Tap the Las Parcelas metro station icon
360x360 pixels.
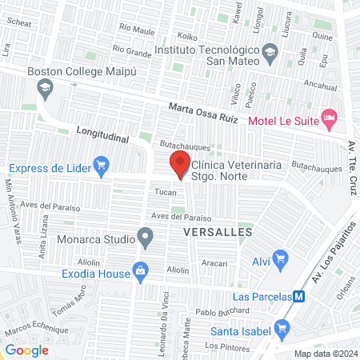click(299, 296)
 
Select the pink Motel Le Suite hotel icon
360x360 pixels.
click(329, 118)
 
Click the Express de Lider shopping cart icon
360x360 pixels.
click(101, 166)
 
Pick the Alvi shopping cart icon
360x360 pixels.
click(280, 258)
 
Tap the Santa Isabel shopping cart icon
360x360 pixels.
click(281, 328)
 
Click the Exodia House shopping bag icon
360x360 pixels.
click(141, 271)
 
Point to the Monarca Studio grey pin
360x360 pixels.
click(145, 237)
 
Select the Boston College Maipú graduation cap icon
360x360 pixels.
click(45, 87)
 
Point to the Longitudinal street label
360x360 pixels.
click(102, 134)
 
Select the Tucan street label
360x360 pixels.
click(165, 192)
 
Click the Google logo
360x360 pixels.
click(27, 350)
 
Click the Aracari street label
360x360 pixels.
click(214, 262)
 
